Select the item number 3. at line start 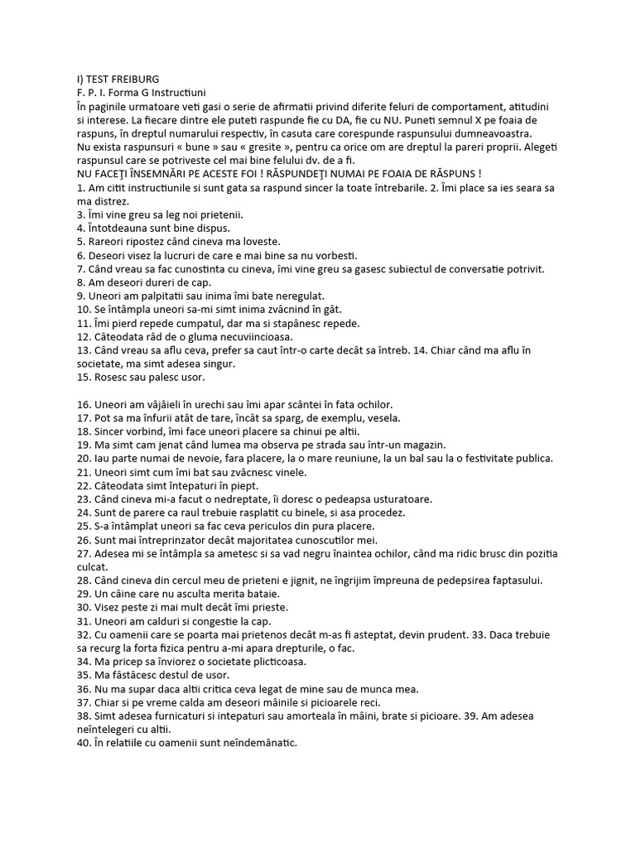coord(81,214)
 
